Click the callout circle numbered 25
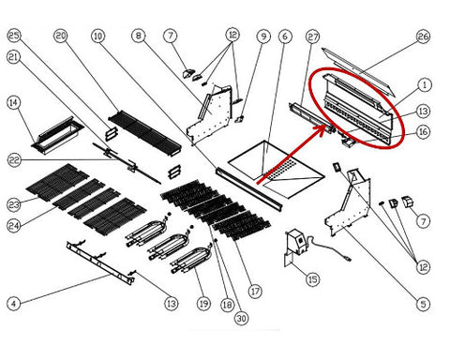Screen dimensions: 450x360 13,36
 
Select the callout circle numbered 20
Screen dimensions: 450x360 61,36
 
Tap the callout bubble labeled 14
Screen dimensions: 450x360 13,102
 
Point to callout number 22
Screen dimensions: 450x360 14,160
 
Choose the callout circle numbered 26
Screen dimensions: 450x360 423,37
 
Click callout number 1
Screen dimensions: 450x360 425,84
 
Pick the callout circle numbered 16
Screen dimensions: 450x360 423,132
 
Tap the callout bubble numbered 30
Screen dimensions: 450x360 241,319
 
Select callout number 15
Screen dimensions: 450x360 313,279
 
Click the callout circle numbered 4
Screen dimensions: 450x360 13,303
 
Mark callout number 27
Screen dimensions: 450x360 312,37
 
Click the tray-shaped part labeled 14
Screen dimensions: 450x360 57,136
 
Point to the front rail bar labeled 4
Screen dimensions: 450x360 100,262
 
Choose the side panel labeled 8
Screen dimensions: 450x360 210,116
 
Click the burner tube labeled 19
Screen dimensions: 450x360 193,261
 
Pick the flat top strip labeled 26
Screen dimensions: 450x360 359,71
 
